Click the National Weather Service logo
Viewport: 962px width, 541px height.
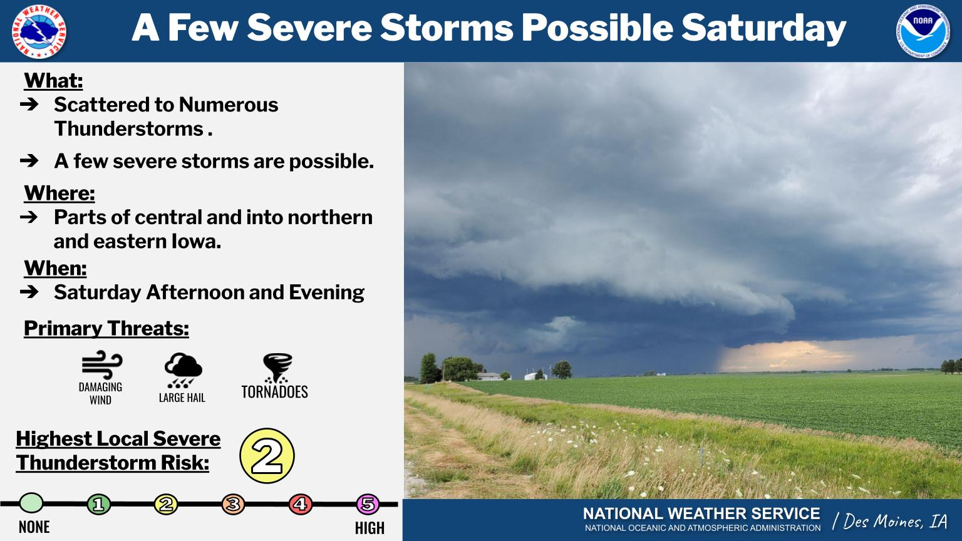(39, 31)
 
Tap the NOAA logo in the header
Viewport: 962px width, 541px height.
(923, 31)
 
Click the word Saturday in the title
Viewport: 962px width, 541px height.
(763, 28)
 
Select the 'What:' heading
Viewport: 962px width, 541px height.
(53, 80)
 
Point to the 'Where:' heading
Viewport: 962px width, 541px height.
(59, 193)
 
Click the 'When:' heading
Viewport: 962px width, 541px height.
(55, 269)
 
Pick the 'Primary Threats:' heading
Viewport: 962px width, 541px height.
(106, 329)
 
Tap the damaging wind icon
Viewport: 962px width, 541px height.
(102, 366)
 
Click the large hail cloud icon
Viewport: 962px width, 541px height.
(184, 370)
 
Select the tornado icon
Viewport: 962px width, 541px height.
(277, 368)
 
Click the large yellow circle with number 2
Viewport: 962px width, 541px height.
(267, 456)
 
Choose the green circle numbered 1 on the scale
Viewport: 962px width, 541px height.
(99, 504)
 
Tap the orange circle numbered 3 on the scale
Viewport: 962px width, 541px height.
(233, 504)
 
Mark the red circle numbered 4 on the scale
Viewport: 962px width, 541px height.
(300, 504)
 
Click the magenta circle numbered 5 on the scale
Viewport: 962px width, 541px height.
(368, 504)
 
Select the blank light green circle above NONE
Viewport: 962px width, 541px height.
(31, 503)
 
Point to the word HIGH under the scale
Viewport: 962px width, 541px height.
(370, 528)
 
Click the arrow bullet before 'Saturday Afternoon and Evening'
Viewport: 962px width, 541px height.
(29, 292)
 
